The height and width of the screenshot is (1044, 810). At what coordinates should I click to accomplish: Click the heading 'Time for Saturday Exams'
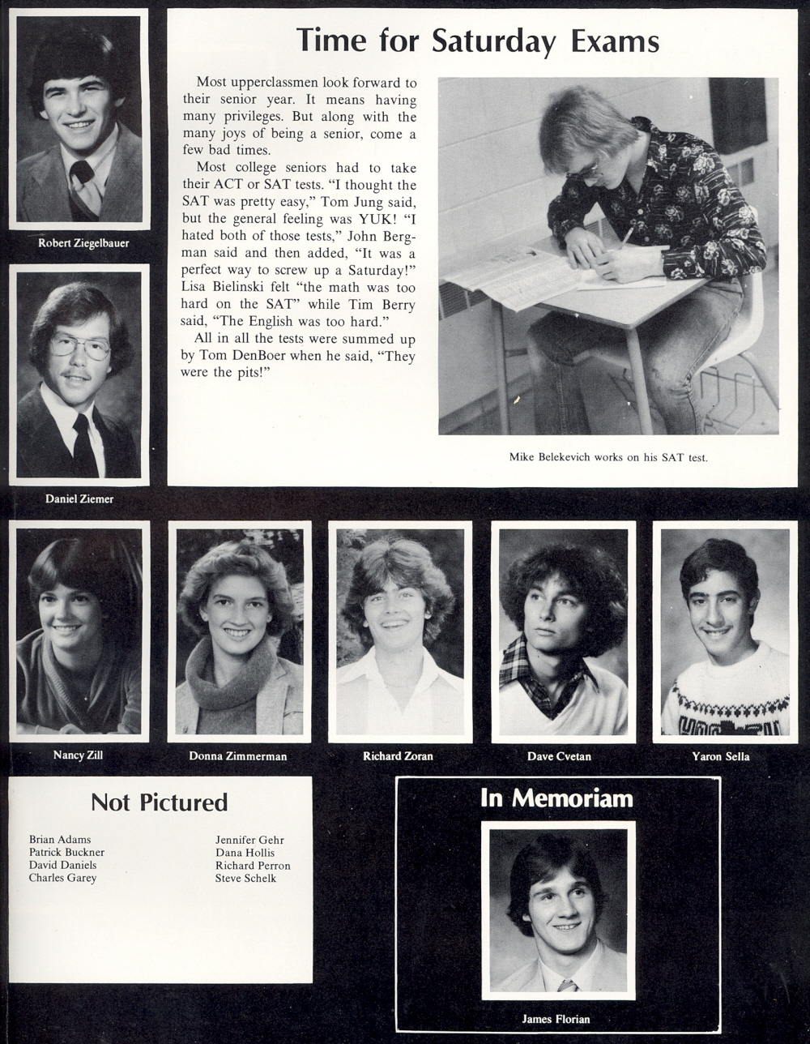coord(477,41)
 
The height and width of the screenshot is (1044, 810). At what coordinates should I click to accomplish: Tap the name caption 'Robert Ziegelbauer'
coord(83,243)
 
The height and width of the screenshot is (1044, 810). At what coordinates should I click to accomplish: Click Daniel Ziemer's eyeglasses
coord(80,347)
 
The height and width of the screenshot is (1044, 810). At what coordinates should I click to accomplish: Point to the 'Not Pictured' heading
coord(159,802)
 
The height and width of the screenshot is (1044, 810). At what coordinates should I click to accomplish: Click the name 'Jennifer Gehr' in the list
coord(249,841)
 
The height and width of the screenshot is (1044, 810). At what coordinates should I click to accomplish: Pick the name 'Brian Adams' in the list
coord(60,840)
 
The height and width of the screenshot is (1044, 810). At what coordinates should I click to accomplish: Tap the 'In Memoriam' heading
coord(556,798)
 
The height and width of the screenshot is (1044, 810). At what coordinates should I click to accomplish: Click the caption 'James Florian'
coord(556,1019)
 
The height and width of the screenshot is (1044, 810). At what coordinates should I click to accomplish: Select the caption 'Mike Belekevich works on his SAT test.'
coord(608,457)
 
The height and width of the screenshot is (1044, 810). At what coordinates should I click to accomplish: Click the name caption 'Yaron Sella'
coord(721,756)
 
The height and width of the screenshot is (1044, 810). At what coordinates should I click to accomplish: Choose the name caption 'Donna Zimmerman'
coord(238,756)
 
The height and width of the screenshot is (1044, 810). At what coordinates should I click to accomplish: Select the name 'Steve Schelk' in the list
coord(245,878)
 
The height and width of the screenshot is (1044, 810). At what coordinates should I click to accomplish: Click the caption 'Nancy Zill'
coord(78,755)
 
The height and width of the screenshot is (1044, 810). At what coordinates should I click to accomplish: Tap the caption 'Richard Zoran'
coord(398,756)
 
